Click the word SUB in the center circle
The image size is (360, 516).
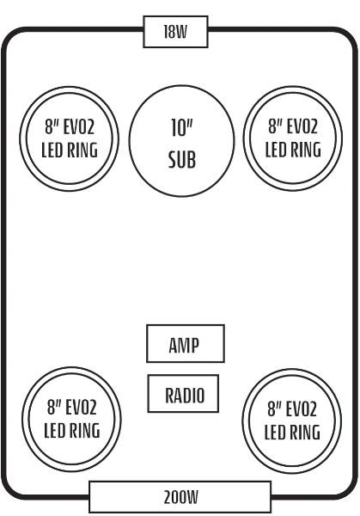coord(182,160)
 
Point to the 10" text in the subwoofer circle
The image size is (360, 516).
coord(182,127)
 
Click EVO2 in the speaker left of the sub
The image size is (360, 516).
coord(80,127)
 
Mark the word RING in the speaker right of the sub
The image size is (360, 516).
coord(302,150)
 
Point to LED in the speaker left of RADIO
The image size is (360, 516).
coord(52,431)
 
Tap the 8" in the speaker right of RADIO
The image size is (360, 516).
coord(273,408)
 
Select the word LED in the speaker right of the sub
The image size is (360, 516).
coord(273,150)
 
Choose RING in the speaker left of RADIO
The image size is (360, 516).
coord(82,431)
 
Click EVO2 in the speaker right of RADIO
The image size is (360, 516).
coord(302,409)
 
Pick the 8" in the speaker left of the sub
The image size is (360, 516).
coord(51,127)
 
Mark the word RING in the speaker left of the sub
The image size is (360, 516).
coord(79,150)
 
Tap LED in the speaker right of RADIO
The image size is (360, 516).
coord(272,433)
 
